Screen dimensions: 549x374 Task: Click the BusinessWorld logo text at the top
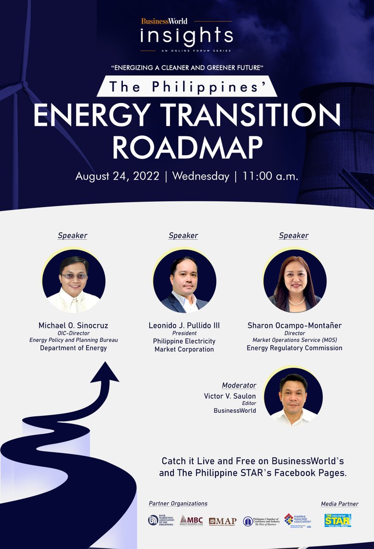click(164, 21)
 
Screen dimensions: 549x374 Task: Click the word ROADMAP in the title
click(187, 147)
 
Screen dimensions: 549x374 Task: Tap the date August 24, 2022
click(117, 176)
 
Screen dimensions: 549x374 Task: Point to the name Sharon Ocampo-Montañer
click(295, 325)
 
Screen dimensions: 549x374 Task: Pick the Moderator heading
click(239, 385)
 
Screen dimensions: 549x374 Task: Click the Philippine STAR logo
click(337, 520)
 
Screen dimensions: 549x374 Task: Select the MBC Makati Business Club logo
click(191, 521)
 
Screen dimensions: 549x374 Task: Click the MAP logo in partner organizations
click(222, 521)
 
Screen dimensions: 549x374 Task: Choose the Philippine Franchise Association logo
click(297, 521)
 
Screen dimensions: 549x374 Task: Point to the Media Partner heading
click(339, 504)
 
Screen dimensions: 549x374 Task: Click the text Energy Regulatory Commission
click(295, 348)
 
